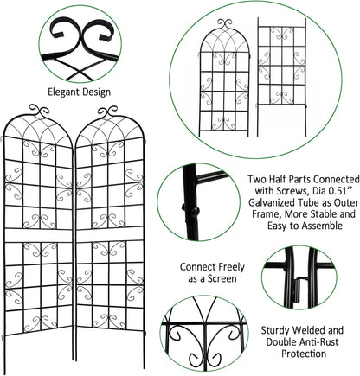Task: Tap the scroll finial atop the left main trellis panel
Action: (41, 111)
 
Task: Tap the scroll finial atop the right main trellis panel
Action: (106, 111)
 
